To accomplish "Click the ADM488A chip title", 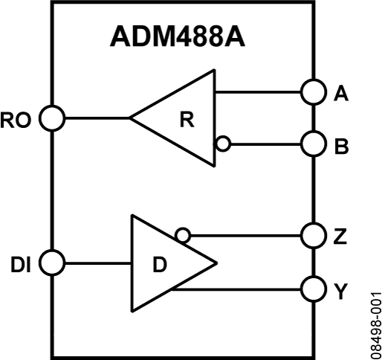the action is pos(178,36).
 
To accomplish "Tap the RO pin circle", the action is pos(52,118).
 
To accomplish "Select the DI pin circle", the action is pos(52,263).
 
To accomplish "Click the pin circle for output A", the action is pos(314,92).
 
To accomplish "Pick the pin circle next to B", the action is pos(314,144).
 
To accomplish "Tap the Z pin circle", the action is pos(314,235).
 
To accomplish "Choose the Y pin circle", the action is pos(314,289).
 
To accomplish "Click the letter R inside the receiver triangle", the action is pos(187,120).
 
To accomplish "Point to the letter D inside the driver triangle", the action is pos(160,264).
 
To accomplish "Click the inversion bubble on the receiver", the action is pos(223,144).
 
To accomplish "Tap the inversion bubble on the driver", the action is pos(183,235).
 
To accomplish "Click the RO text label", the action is pos(16,120).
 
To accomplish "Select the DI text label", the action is pos(21,265).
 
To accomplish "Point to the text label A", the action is pos(341,93).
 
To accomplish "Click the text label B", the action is pos(342,147).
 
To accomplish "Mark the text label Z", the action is pos(340,237).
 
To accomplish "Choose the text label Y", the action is pos(341,291).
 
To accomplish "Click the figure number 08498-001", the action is pos(376,326).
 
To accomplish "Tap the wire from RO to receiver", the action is pos(97,118).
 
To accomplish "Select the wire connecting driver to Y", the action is pos(236,289).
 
